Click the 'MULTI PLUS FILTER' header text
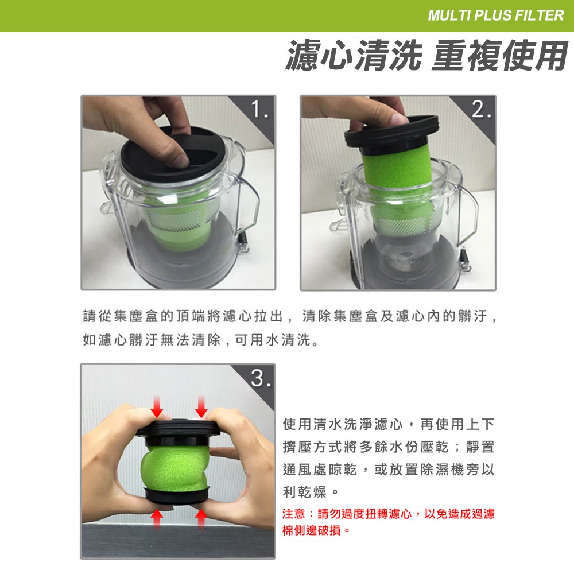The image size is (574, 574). [x=496, y=15]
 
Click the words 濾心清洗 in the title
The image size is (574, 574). [x=354, y=56]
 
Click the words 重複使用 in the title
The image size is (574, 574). [x=500, y=56]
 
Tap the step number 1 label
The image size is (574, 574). [x=259, y=110]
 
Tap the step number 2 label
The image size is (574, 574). [x=481, y=110]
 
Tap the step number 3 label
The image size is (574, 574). [x=261, y=378]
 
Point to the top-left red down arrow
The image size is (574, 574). [x=157, y=406]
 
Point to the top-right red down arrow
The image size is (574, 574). [x=201, y=406]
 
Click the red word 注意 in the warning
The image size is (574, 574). [x=293, y=514]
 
